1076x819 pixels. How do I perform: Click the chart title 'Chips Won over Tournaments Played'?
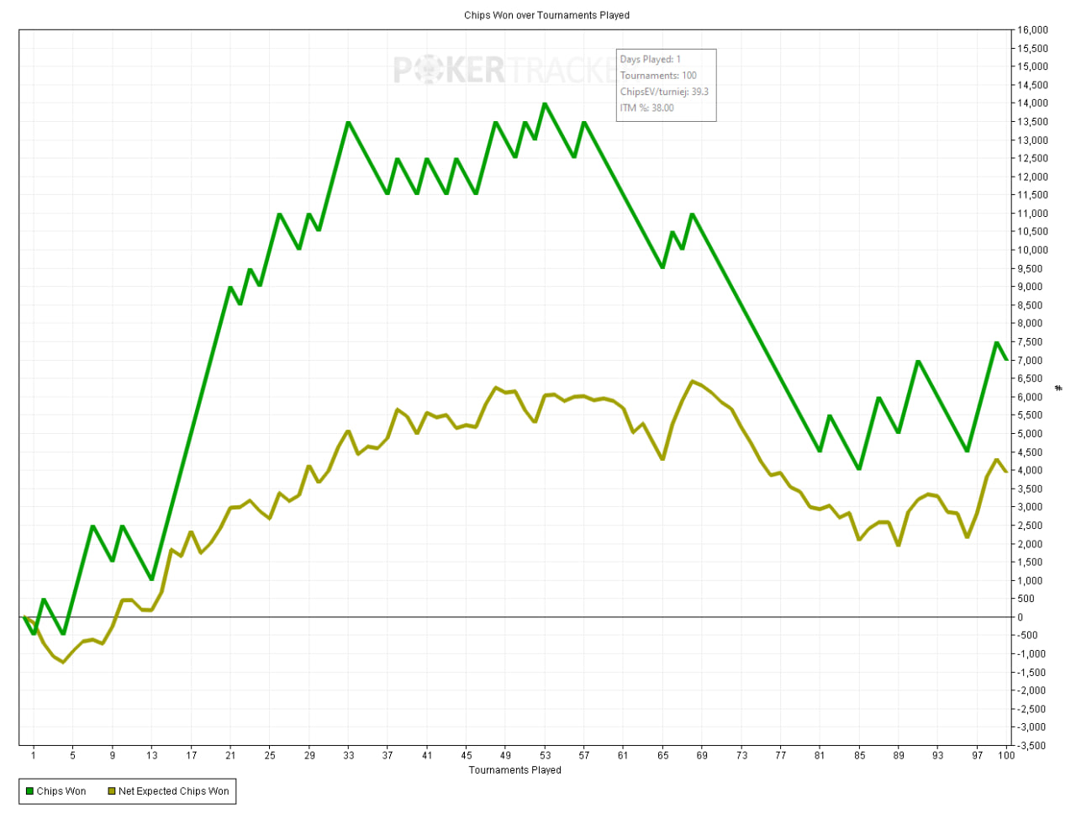tap(546, 15)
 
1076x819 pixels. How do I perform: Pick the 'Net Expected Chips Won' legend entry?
tap(168, 791)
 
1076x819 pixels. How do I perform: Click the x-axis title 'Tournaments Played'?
tap(514, 770)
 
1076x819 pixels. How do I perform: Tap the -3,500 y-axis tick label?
tap(1032, 746)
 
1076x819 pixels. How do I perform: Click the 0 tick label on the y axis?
tap(1021, 617)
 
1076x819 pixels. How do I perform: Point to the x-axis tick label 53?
tap(545, 755)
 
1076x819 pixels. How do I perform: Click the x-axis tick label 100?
tap(1005, 755)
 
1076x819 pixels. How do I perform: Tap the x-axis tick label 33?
tap(348, 755)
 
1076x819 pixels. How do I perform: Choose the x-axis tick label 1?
tap(34, 755)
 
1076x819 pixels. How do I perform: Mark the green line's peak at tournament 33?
tap(348, 122)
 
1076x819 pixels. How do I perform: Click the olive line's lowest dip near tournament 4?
tap(63, 662)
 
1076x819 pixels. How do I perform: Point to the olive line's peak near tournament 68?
tap(693, 382)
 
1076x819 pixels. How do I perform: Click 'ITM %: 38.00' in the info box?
tap(647, 108)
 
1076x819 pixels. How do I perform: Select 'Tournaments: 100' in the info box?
tap(658, 76)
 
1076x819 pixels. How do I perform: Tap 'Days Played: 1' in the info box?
tap(650, 60)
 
